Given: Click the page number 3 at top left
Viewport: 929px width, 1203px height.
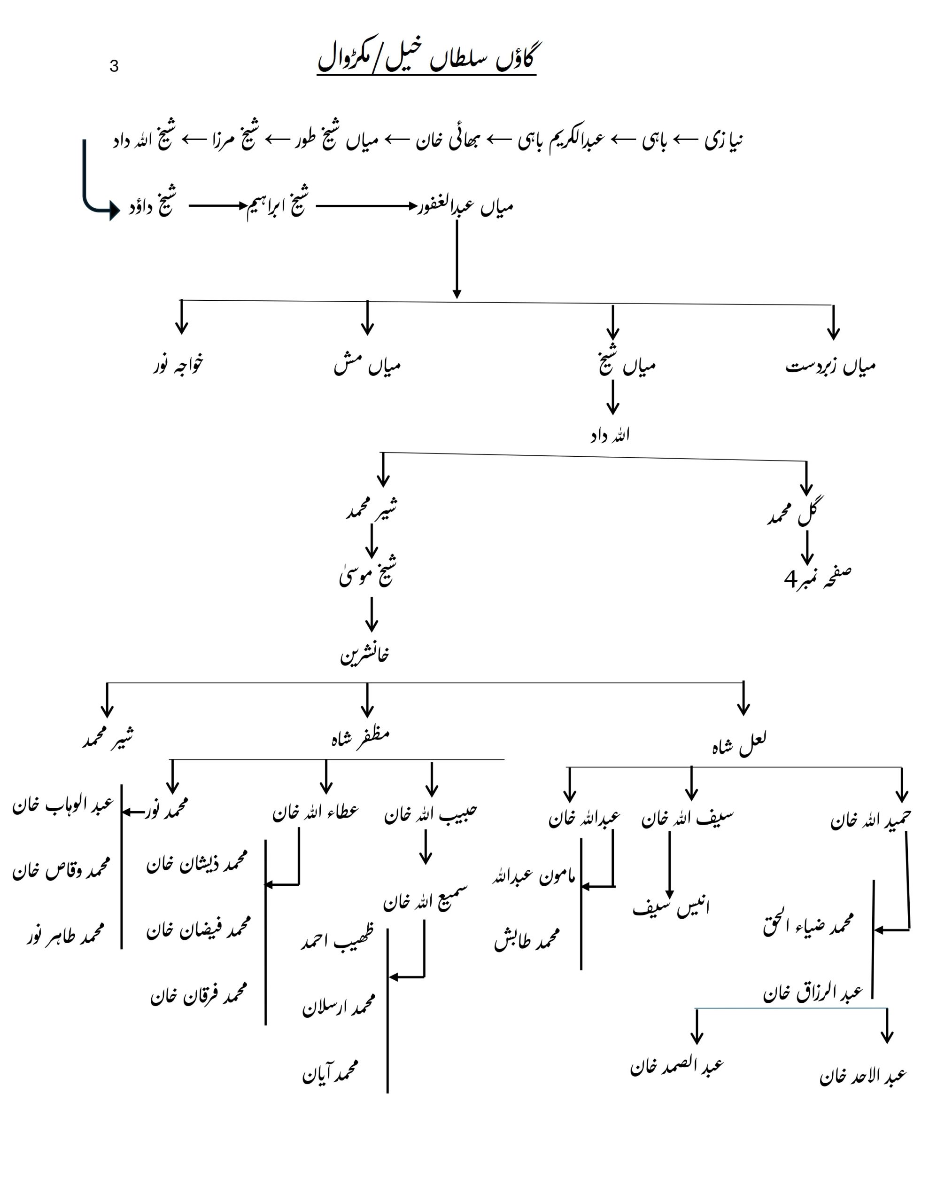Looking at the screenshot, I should tap(114, 67).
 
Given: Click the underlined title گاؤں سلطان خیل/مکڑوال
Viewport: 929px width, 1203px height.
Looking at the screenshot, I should tap(426, 58).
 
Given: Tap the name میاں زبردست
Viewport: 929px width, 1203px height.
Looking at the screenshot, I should tap(830, 366).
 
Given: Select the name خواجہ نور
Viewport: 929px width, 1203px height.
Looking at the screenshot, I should tap(178, 365).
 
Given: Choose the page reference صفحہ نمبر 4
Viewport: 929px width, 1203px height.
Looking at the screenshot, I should tap(817, 578).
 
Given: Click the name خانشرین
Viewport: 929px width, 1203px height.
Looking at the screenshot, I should tap(364, 655).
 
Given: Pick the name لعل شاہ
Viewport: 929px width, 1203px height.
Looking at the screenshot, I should tap(738, 743).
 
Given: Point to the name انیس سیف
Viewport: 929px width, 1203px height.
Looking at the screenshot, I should tap(671, 907).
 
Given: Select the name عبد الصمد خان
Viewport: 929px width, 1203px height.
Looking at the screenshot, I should tap(677, 1066).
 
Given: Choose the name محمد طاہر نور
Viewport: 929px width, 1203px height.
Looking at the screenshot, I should tap(65, 935).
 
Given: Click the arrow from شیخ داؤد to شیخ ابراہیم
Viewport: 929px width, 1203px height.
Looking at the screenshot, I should tap(217, 206).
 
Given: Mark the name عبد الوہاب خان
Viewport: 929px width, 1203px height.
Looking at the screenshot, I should tap(63, 805).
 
